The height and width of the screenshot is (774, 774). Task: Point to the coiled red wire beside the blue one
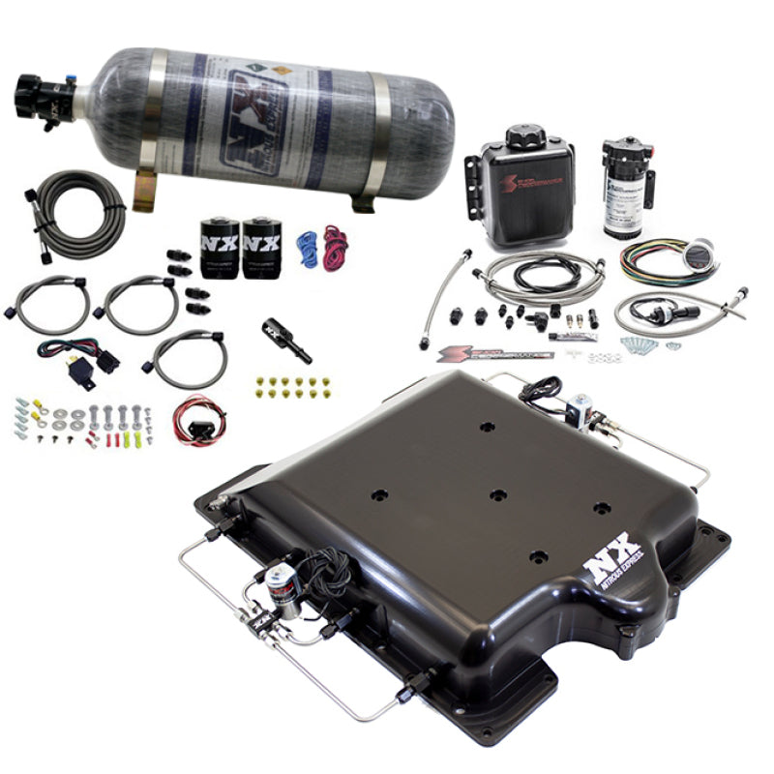tap(335, 248)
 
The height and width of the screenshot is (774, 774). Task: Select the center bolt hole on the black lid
tap(497, 495)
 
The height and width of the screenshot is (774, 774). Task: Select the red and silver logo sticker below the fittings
tap(493, 352)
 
